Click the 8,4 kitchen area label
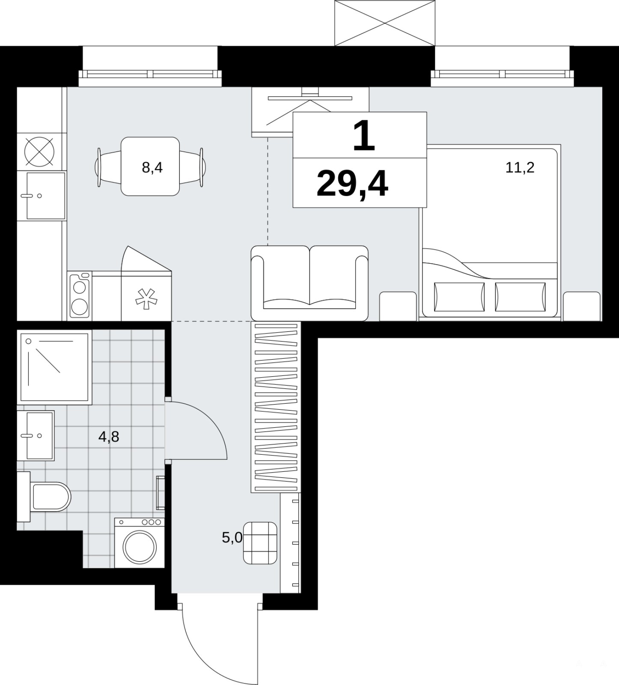click(x=152, y=167)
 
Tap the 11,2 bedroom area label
click(x=520, y=167)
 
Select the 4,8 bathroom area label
click(x=109, y=437)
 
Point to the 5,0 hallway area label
click(x=232, y=537)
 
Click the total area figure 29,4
click(x=352, y=184)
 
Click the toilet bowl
click(x=48, y=497)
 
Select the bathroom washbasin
click(x=36, y=435)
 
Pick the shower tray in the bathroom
click(x=54, y=367)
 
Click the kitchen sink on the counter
click(x=42, y=196)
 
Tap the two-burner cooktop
click(x=80, y=295)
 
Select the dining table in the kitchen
click(x=150, y=166)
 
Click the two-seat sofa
click(x=309, y=283)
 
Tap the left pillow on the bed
click(x=459, y=297)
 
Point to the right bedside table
click(x=582, y=306)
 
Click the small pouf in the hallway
click(x=260, y=543)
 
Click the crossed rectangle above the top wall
click(x=385, y=23)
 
